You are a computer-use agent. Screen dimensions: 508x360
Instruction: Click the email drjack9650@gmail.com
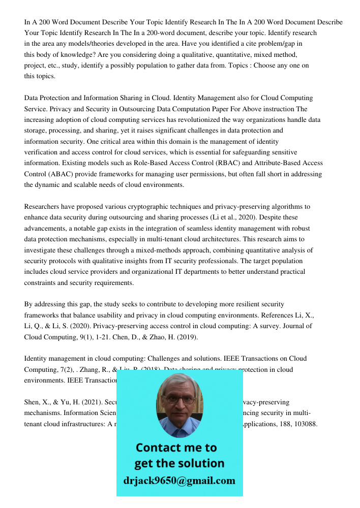(179, 481)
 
